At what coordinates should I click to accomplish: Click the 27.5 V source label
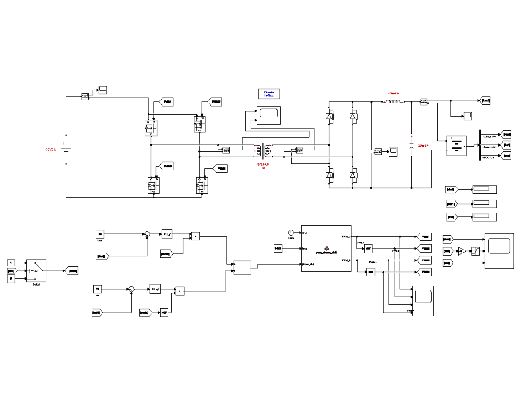pos(51,150)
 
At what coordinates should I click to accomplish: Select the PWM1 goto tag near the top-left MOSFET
pos(167,102)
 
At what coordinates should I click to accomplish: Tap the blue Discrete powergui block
pos(269,94)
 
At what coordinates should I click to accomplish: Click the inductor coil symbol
pos(393,102)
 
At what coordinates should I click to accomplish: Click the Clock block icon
pos(291,232)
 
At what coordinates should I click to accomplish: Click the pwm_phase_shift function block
pos(326,248)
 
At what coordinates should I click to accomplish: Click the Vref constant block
pos(100,234)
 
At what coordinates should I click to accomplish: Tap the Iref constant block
pos(98,289)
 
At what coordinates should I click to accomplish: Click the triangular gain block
pos(463,251)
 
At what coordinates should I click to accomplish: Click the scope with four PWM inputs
pos(422,301)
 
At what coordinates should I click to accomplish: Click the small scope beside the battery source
pos(102,90)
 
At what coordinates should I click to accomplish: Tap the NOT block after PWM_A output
pos(368,249)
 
